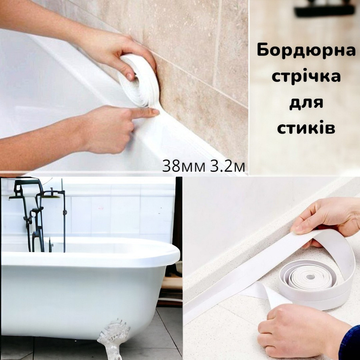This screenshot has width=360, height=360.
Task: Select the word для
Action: click(306, 103)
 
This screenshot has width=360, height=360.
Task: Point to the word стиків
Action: click(306, 128)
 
